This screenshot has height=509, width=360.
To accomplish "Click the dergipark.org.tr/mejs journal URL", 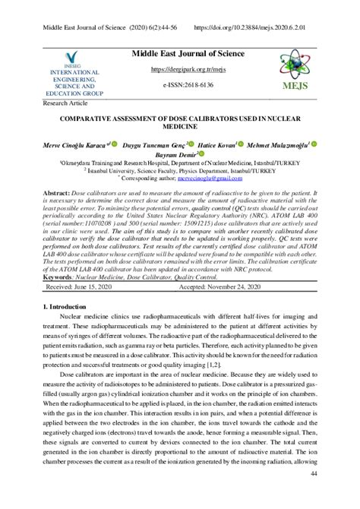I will tap(180, 69).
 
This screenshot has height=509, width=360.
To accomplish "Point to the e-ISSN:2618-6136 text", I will tap(180, 85).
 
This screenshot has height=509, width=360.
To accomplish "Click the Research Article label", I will tap(66, 103).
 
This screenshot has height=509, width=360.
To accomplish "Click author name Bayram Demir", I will tap(176, 153).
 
